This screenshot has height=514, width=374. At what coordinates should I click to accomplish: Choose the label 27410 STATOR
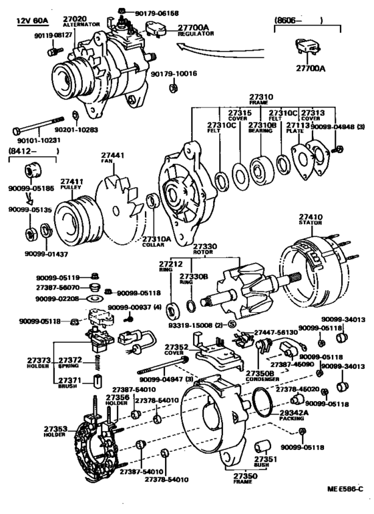pyautogui.click(x=311, y=220)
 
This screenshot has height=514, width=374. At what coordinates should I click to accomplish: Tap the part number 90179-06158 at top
pyautogui.click(x=152, y=11)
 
